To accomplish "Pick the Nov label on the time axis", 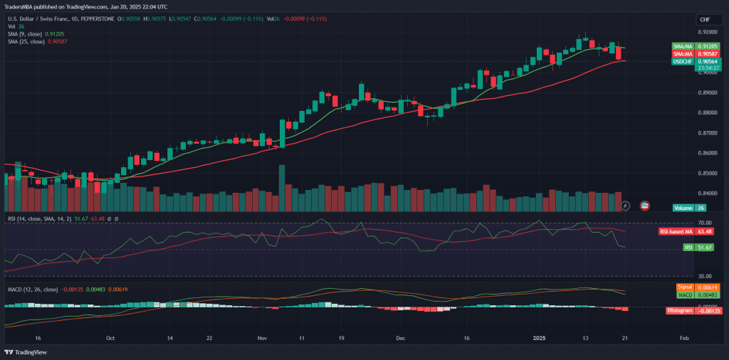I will pos(261,339).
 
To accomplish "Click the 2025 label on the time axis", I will pos(544,339).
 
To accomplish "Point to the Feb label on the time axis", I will pos(683,339).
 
